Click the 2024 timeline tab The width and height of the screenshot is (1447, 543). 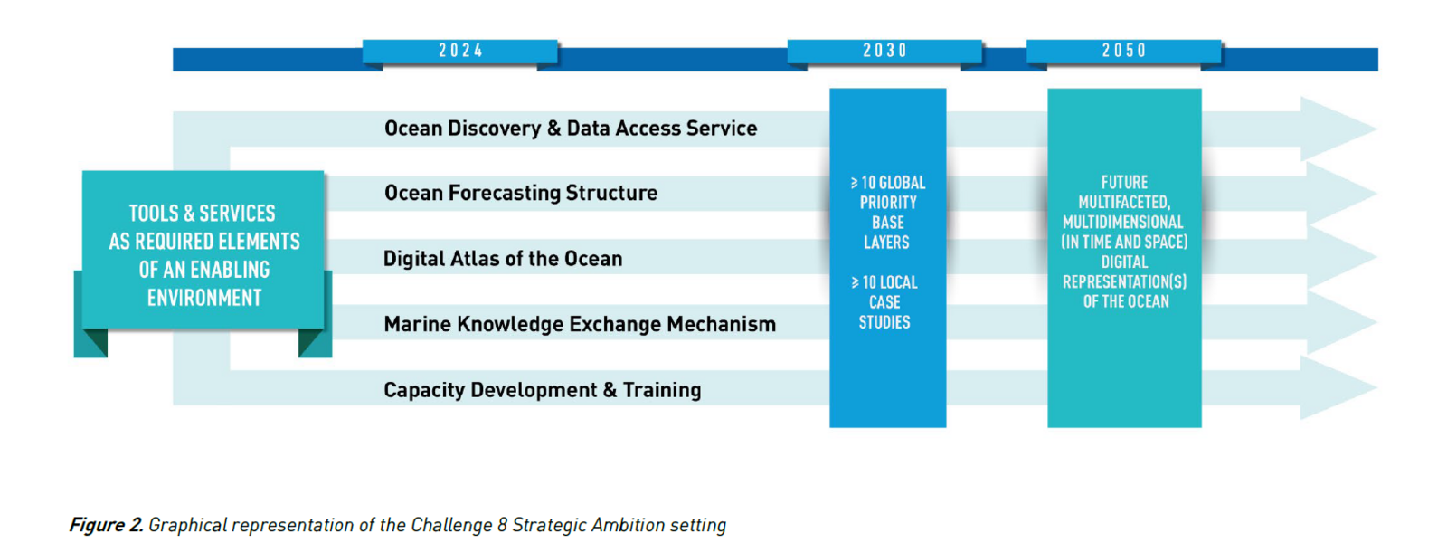coord(460,51)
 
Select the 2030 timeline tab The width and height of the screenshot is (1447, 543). coord(884,51)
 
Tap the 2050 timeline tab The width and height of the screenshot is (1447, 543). coord(1124,51)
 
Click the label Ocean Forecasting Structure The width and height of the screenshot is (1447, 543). coord(521,193)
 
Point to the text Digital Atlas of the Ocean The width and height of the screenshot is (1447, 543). coord(503,259)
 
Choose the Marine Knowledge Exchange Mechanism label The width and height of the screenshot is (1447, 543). coord(580,324)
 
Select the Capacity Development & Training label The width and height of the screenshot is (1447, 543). coord(543,390)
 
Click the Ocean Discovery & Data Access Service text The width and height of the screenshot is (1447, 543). coord(571,129)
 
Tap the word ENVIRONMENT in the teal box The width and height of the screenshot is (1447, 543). coord(204,298)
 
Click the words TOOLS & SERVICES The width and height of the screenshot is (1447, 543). coord(203,214)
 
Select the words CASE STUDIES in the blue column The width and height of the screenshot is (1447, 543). coord(884,312)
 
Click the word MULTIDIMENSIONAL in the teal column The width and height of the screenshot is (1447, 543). coord(1123,222)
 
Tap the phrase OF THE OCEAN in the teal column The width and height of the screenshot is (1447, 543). coord(1126,301)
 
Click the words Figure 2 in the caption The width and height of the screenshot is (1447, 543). coord(106,525)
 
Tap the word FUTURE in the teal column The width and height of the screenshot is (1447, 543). coord(1124,182)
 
